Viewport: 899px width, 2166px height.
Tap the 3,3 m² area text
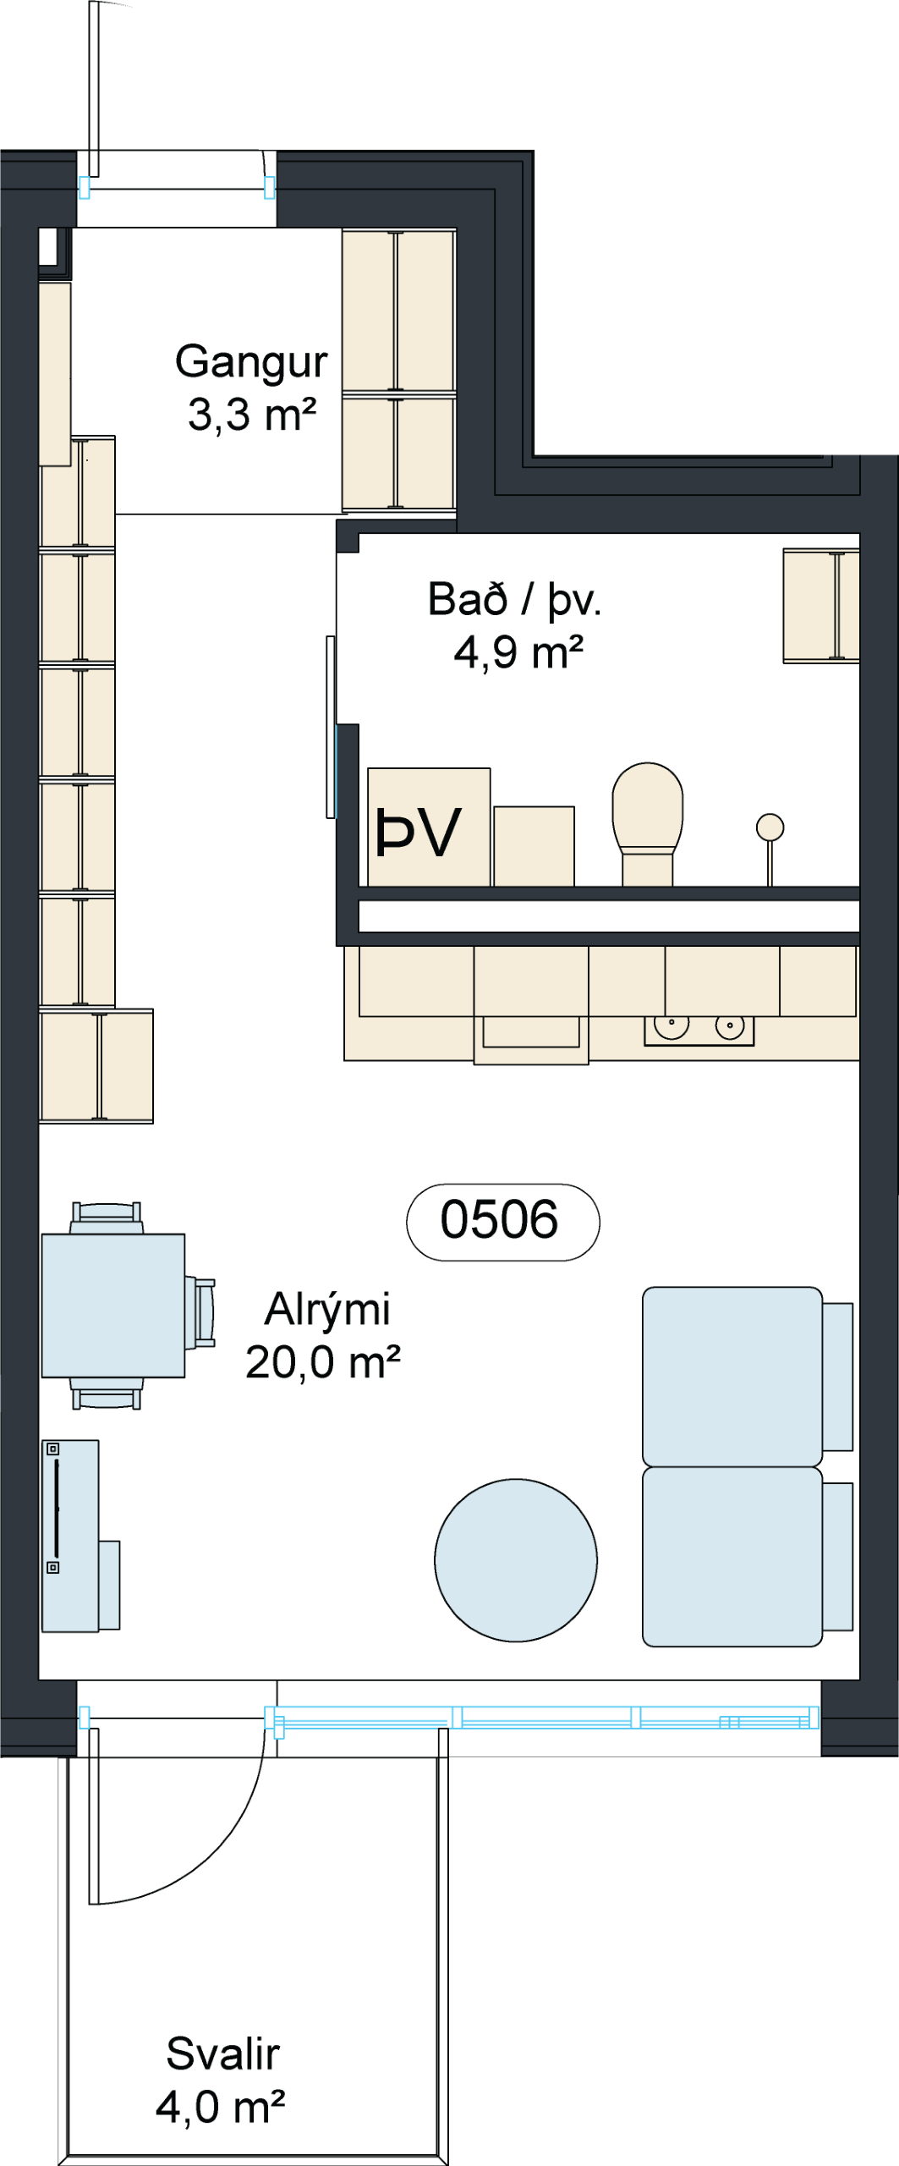point(252,415)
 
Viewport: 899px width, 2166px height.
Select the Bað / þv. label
point(514,600)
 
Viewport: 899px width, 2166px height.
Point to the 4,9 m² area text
point(518,652)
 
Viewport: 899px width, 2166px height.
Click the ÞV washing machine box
point(429,827)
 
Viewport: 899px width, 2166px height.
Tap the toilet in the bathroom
point(648,823)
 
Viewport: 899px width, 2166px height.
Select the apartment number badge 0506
point(502,1222)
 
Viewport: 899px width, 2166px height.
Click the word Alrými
point(327,1310)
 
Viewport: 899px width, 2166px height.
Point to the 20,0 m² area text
point(322,1362)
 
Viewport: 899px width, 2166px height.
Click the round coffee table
point(516,1560)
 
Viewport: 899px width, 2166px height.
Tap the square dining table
point(113,1306)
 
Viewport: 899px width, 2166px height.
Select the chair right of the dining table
point(201,1311)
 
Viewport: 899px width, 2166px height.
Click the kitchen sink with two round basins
point(699,1030)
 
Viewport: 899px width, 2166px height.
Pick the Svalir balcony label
point(223,2054)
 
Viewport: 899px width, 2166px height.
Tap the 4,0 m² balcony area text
point(220,2107)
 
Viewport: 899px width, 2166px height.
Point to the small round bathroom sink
point(770,827)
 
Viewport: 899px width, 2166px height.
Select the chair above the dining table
point(107,1218)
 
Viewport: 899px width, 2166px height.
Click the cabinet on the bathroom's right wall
point(821,606)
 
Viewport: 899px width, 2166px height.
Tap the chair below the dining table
point(107,1394)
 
